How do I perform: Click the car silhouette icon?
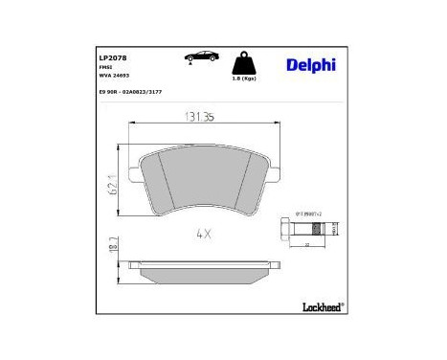[x=194, y=57]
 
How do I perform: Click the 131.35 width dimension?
[x=197, y=120]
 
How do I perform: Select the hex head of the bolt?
[x=284, y=230]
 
